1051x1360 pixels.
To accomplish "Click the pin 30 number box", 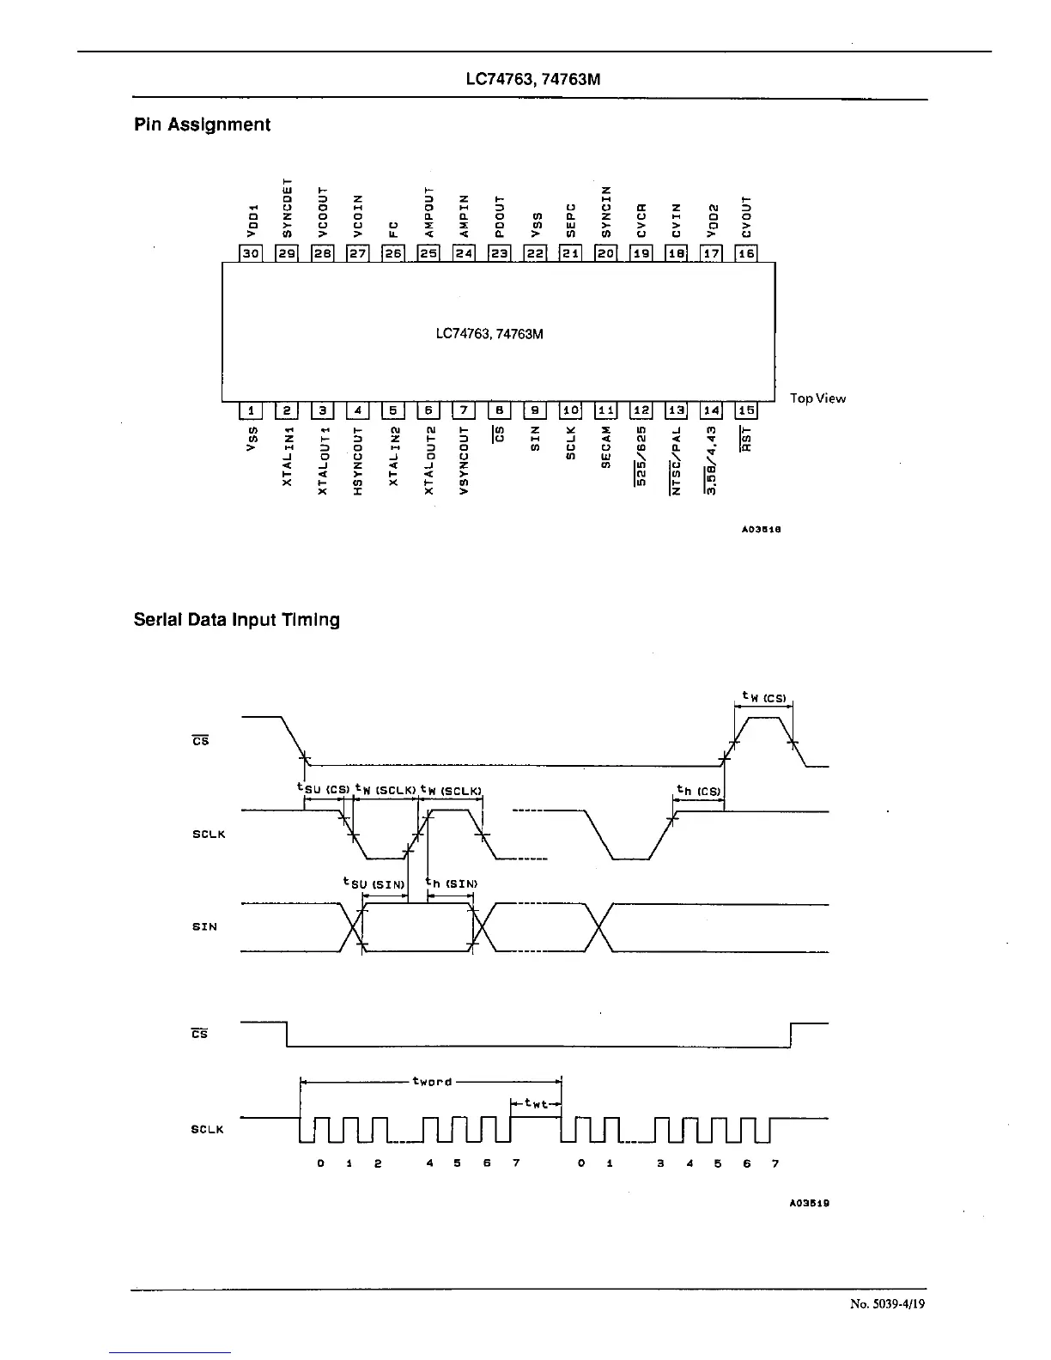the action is point(251,253).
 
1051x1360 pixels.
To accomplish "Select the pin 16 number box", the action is point(746,253).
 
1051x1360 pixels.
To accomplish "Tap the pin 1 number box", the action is point(251,411).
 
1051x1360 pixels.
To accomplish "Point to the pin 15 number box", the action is point(746,411).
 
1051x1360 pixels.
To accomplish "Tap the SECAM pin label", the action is point(606,446).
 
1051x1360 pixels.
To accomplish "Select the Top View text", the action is point(817,398).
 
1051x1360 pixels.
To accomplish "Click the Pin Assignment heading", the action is point(202,124).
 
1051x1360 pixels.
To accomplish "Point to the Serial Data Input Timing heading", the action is point(236,620).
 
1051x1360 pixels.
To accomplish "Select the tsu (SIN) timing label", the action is point(368,883).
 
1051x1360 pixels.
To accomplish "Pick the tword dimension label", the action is point(432,1082).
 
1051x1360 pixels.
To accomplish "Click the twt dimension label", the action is point(536,1105).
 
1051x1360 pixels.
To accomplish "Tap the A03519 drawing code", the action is point(809,1203).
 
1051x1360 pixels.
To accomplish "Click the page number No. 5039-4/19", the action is point(888,1304).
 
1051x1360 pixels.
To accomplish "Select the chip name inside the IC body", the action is point(489,333).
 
